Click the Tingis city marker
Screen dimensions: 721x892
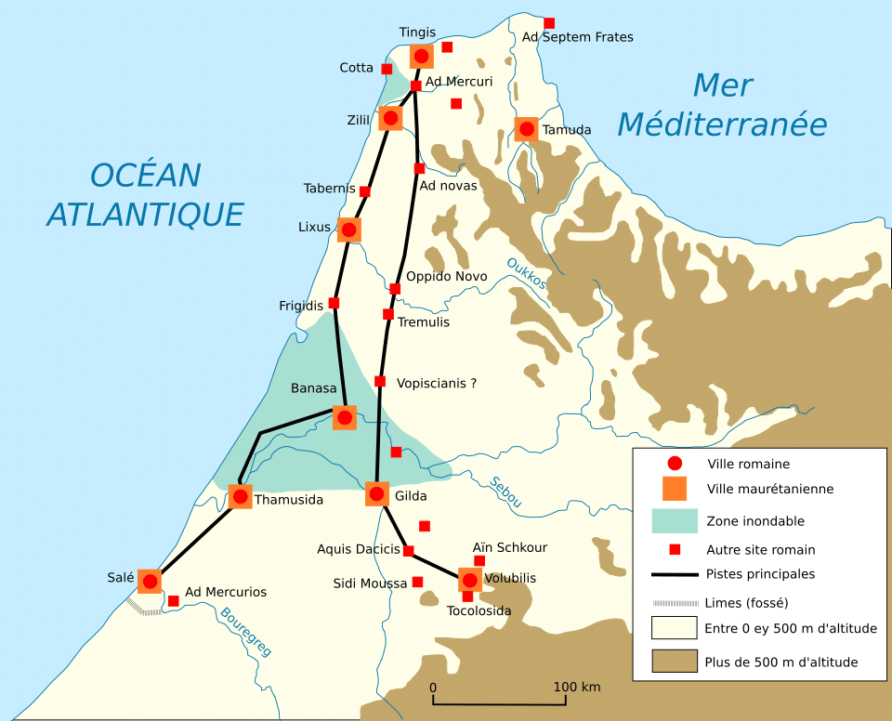coord(422,57)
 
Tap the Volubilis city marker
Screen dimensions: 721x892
coord(469,581)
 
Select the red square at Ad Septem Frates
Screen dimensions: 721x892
coord(549,22)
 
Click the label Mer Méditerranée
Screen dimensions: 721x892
coord(722,105)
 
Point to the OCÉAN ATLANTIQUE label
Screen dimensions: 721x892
coord(145,194)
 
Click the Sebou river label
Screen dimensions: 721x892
coord(505,492)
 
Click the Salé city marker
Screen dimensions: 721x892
coord(150,582)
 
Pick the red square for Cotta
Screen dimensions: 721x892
coord(387,69)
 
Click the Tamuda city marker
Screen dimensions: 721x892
coord(527,129)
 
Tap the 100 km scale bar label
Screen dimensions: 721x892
coord(577,687)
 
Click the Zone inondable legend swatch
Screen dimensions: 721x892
coord(675,520)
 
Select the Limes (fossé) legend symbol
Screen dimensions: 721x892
coord(675,601)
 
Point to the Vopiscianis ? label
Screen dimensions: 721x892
coord(436,382)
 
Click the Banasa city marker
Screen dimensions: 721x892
coord(345,417)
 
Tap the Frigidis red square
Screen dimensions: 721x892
coord(334,303)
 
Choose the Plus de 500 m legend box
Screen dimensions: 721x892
coord(675,662)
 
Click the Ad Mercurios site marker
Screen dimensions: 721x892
coord(173,601)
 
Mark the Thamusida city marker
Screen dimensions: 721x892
coord(240,497)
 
